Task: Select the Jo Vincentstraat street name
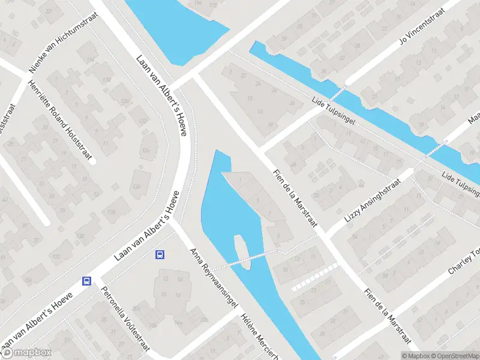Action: coord(423,26)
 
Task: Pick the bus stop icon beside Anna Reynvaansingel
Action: coord(160,254)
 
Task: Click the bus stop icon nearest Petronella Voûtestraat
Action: coord(87,281)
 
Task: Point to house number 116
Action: coord(91,61)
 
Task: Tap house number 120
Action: coord(125,101)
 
